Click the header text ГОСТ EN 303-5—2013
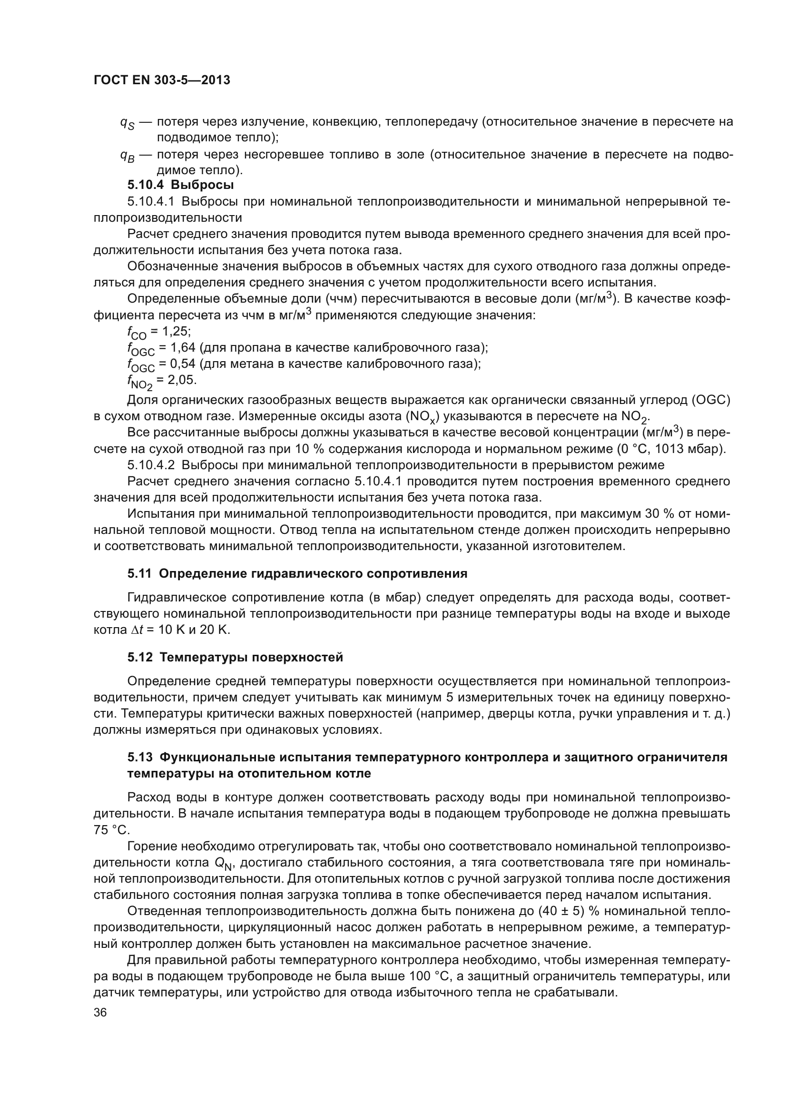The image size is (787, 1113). click(x=161, y=80)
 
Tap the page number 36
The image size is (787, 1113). click(x=100, y=1013)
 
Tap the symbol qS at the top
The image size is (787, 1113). click(x=127, y=123)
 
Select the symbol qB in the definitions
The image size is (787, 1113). click(x=127, y=156)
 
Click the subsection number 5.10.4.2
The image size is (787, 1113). click(x=150, y=465)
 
